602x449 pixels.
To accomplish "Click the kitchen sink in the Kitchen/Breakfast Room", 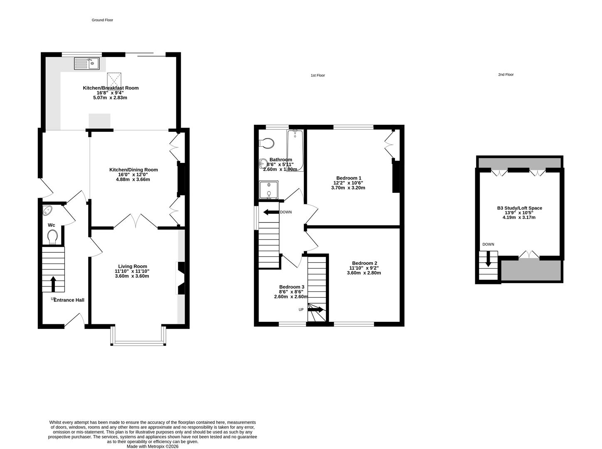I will (x=87, y=64).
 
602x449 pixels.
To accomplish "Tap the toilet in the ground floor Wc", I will (x=52, y=237).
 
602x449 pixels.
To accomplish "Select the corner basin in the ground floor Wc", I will (x=47, y=210).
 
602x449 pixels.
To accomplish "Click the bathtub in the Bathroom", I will (x=295, y=150).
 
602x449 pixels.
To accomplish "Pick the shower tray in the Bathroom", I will (x=269, y=190).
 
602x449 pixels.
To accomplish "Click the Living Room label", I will (x=133, y=266).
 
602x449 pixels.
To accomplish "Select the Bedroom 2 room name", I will (x=364, y=263).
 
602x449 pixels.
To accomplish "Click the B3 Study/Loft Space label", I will (x=519, y=208).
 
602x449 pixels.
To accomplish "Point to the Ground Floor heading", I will (x=102, y=20).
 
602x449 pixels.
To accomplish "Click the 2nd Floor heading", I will (x=506, y=75).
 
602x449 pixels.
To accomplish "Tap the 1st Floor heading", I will (x=318, y=76).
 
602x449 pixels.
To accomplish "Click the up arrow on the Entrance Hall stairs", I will (x=53, y=284).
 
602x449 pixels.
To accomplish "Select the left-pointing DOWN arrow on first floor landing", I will (x=271, y=212).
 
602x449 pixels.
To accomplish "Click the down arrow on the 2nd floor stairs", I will (x=488, y=259).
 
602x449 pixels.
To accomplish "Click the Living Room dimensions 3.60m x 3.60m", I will (x=132, y=276).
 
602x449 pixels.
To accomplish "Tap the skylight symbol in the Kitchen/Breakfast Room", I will (x=114, y=79).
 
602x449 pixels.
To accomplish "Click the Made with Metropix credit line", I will (x=153, y=447).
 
